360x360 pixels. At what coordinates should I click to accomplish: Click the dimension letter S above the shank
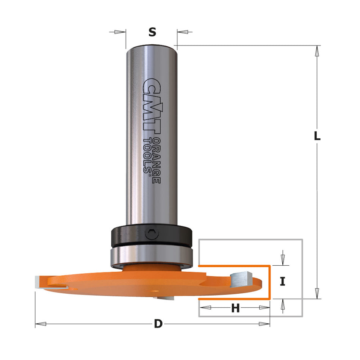click(152, 33)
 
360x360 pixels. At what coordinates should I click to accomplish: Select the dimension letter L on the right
click(317, 136)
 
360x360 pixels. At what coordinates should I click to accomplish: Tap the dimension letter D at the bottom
click(158, 324)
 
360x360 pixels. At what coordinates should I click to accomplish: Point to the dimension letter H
click(235, 308)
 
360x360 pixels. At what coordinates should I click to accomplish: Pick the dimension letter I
click(282, 282)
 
